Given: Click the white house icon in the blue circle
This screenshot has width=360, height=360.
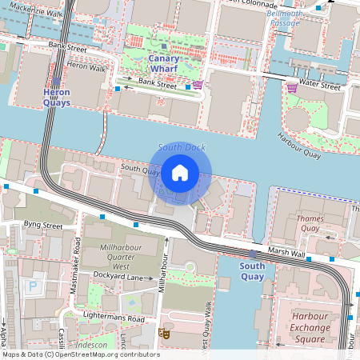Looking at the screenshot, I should (x=180, y=172).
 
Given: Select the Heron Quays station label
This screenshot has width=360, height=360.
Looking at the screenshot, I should (x=56, y=98).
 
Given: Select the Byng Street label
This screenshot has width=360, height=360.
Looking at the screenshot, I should (x=43, y=226).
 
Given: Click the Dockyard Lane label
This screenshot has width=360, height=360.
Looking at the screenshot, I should (x=118, y=276).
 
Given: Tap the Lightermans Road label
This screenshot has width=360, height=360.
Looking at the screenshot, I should (x=115, y=318).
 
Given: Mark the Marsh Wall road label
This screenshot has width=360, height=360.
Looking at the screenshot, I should (x=287, y=254).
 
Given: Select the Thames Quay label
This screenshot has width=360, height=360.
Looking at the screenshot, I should (x=310, y=222).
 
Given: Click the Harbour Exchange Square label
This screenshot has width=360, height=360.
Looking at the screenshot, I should (x=310, y=326).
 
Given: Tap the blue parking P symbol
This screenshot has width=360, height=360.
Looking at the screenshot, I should (x=34, y=286).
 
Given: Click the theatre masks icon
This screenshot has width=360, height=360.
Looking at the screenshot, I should (x=164, y=333).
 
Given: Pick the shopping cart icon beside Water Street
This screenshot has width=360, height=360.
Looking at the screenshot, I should (x=292, y=86).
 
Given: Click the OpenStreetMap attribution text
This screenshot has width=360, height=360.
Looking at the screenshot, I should (x=80, y=354).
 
